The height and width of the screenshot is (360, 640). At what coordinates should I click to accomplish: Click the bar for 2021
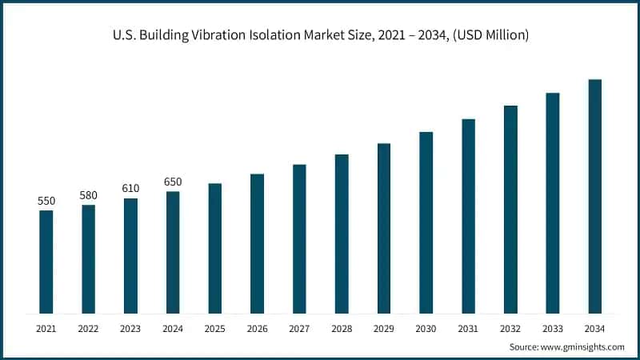46,262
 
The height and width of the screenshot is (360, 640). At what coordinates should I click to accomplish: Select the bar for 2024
173,252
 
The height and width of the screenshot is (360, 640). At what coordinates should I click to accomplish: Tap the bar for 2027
299,238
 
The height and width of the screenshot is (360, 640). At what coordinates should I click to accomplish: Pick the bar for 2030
426,222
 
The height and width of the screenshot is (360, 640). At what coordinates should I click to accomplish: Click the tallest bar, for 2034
594,196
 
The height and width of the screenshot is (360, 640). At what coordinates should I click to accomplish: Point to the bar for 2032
510,209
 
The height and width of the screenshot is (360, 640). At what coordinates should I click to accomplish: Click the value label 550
46,201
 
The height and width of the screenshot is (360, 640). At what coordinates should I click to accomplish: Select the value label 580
88,195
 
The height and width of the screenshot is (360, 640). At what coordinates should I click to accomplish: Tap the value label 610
130,188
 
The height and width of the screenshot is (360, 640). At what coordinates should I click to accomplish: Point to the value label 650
173,182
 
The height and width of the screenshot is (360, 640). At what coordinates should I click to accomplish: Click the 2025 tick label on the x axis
215,329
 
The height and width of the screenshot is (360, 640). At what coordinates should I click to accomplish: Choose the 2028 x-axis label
342,329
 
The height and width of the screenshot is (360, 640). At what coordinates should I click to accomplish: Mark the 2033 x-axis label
552,329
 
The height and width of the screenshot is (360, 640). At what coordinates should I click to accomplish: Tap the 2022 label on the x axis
88,329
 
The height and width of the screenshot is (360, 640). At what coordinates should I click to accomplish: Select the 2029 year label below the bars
383,329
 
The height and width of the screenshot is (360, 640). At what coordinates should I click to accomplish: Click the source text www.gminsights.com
584,346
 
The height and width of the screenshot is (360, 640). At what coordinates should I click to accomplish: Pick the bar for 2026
257,243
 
